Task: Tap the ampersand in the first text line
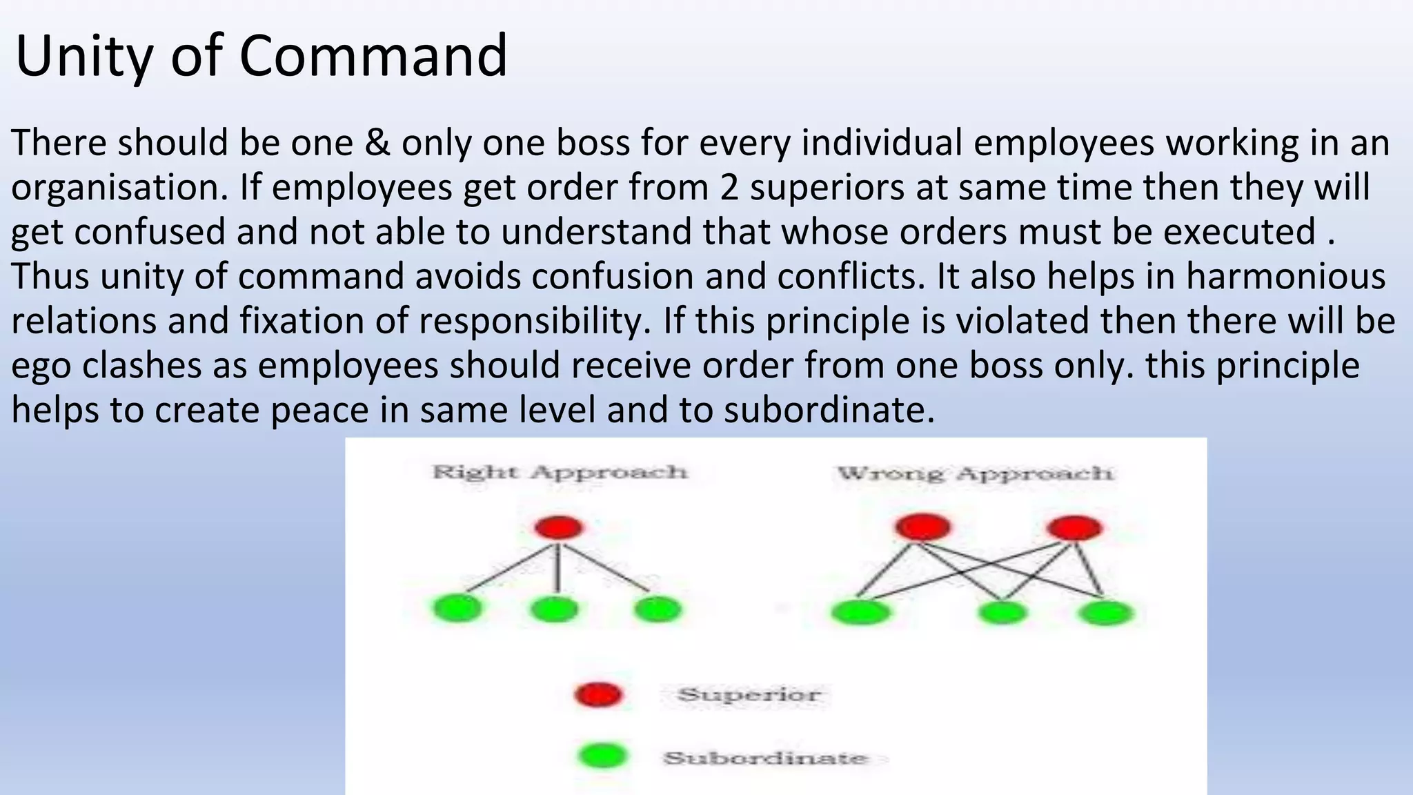click(x=377, y=143)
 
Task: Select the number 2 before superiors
click(x=729, y=188)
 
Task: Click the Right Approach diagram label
click(x=560, y=472)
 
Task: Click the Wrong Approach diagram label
click(x=975, y=473)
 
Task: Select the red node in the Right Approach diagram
click(x=559, y=528)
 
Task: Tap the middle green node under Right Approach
click(x=554, y=609)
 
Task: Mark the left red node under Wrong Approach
click(x=922, y=528)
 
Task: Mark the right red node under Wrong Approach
click(x=1074, y=529)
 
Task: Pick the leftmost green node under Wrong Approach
click(x=860, y=612)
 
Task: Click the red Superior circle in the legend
click(x=599, y=694)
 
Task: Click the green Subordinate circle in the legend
click(x=603, y=756)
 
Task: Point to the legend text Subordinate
click(x=765, y=758)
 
